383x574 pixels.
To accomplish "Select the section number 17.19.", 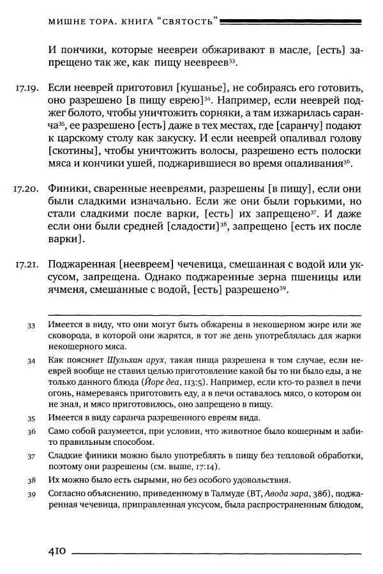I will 26,87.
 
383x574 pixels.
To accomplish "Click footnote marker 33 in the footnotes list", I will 32,325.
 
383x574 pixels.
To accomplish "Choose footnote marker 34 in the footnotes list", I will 32,360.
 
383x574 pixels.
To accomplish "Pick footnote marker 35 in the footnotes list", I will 32,418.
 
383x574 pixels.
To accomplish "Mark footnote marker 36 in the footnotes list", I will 32,432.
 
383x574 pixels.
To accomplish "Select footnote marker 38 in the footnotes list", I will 32,479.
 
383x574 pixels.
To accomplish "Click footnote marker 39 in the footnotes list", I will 32,494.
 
